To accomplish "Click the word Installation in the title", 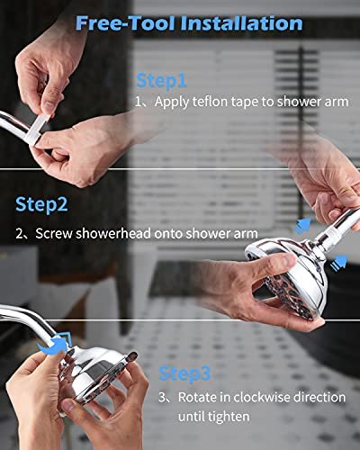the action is click(x=241, y=23).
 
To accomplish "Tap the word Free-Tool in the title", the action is click(x=126, y=23).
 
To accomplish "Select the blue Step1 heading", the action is click(x=161, y=80).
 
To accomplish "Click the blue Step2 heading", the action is click(x=41, y=204).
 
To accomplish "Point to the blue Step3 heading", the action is click(x=184, y=373).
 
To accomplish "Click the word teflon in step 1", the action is click(x=210, y=102).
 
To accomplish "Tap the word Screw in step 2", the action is click(x=54, y=233).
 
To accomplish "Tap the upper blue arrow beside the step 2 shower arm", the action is click(x=302, y=226).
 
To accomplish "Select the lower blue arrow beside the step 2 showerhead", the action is click(x=339, y=262).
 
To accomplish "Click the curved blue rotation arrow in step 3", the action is click(x=54, y=345).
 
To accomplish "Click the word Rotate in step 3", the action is click(x=197, y=397).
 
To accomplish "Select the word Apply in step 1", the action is click(x=172, y=102).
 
